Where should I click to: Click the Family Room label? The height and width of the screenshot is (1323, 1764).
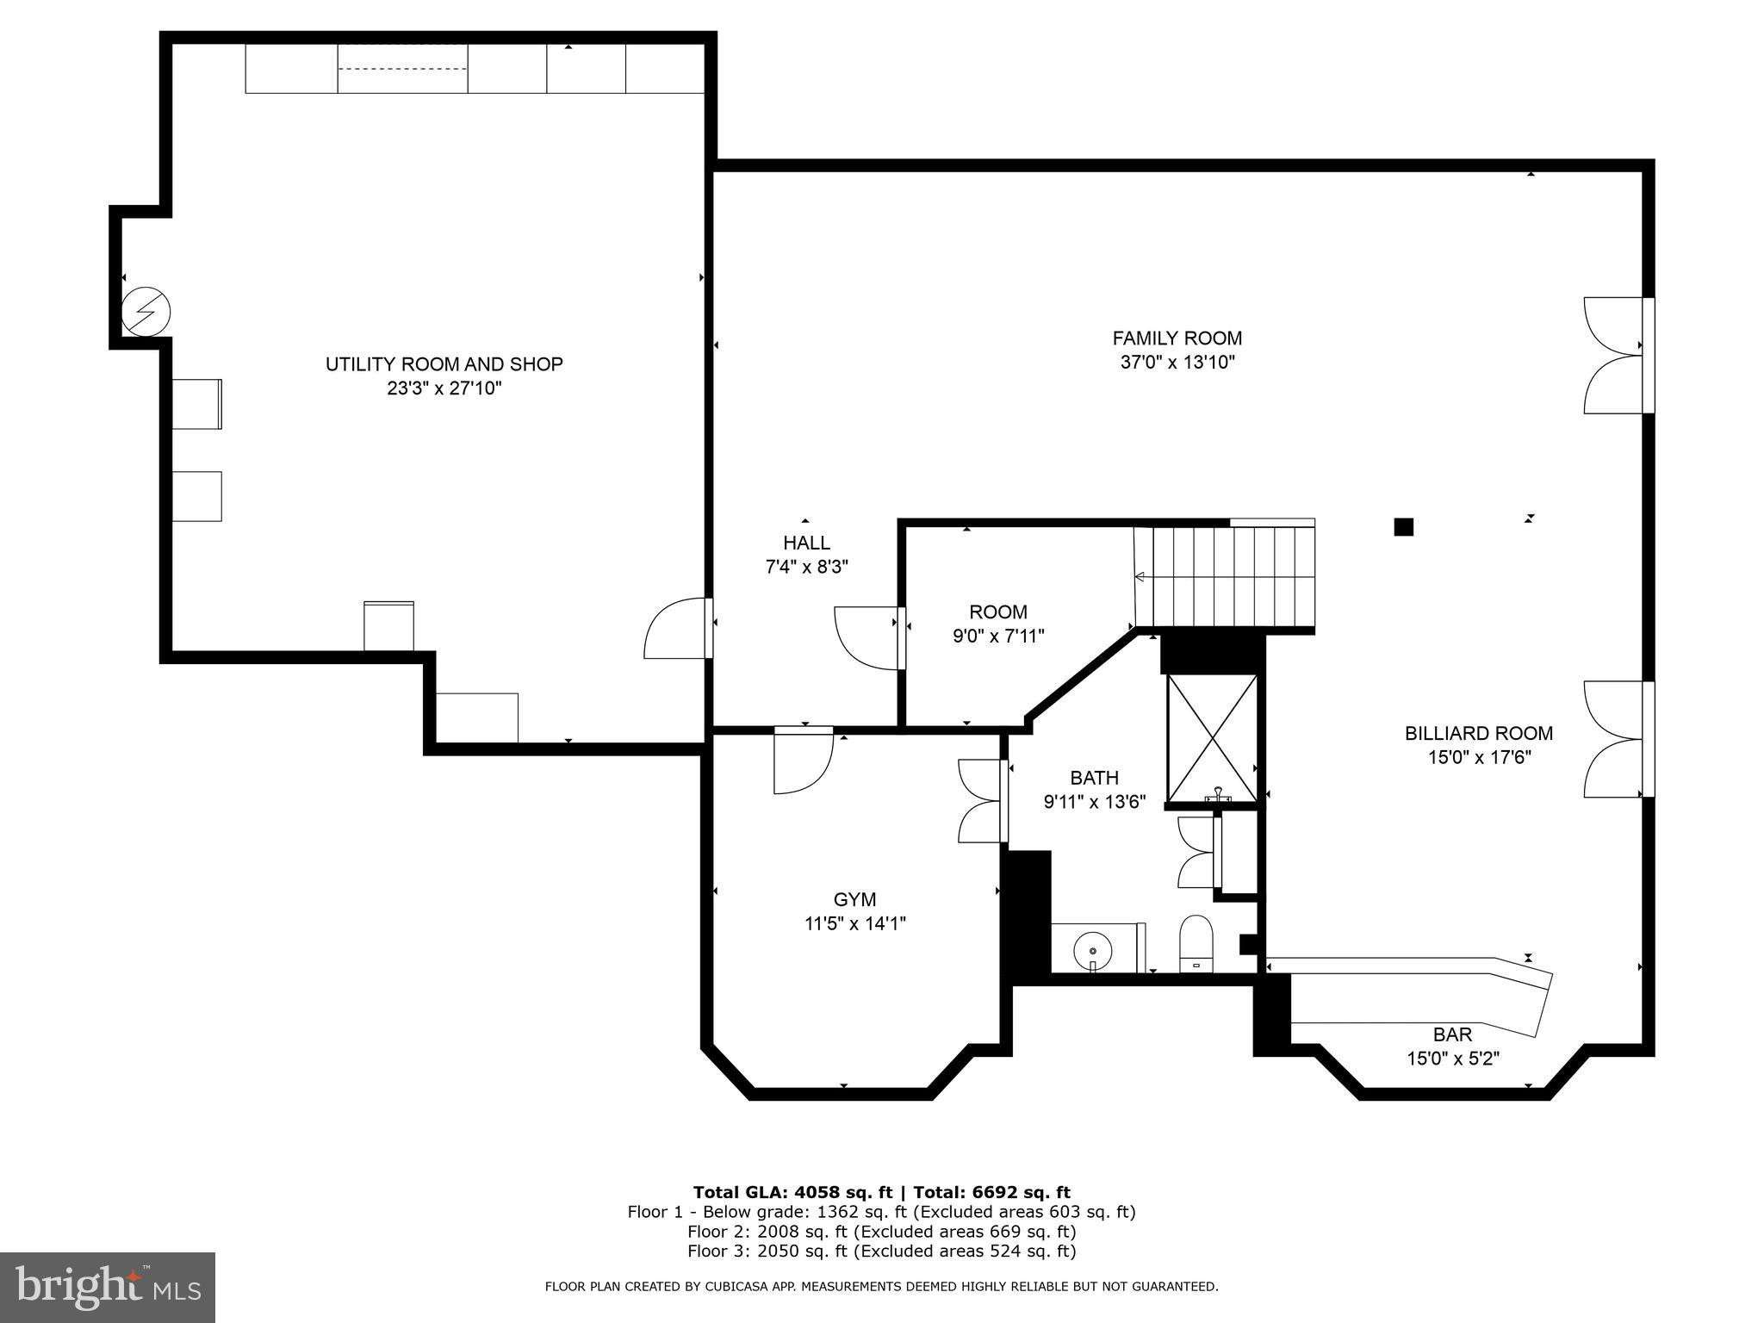coord(1177,339)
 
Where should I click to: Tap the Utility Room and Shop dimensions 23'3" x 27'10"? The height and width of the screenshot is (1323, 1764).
coord(444,388)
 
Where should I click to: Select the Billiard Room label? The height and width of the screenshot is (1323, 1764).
coord(1478,733)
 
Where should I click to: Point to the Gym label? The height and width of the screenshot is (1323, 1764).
coord(854,900)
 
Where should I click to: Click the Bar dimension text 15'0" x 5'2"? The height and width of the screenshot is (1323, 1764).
coord(1453,1059)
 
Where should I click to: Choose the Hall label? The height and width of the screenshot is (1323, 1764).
coord(806,543)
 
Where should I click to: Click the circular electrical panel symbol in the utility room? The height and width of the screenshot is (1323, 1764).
coord(146,311)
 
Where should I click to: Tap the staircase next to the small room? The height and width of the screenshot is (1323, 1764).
coord(1226,575)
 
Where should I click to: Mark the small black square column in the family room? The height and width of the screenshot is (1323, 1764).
coord(1403,526)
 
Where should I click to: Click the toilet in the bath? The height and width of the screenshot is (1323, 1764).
coord(1195,945)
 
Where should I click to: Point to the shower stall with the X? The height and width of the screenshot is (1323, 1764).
coord(1212,739)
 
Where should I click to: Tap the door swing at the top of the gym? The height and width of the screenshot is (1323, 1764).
coord(803,758)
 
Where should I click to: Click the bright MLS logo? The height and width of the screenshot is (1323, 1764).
coord(107,1287)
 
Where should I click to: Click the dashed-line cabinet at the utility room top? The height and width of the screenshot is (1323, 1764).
coord(402,69)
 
